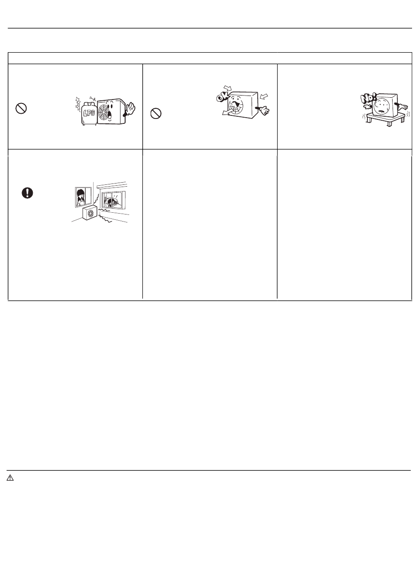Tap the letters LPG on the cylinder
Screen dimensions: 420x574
89,112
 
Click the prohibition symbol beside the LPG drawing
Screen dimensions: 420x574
21,108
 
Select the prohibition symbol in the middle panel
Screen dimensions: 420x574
156,113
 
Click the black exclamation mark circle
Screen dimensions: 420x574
27,193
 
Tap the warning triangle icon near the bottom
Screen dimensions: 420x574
10,478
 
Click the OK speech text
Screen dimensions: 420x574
222,97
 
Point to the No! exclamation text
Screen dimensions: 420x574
368,99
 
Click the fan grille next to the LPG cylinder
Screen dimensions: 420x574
104,112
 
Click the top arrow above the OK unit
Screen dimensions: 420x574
227,88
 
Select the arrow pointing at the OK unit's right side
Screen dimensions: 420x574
263,96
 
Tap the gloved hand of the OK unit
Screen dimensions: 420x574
263,111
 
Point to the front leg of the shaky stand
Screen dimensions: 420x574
389,123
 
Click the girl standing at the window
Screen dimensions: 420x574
81,198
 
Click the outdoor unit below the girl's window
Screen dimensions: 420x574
90,212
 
